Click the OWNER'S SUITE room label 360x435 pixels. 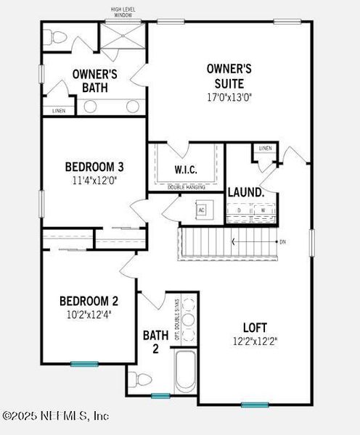229,75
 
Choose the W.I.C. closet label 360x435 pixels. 186,170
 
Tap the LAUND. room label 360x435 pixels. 245,192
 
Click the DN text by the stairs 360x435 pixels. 283,242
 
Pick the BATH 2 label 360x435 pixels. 155,341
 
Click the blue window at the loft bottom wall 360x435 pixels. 254,405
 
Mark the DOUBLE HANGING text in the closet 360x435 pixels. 186,188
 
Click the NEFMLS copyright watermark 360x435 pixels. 56,415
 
